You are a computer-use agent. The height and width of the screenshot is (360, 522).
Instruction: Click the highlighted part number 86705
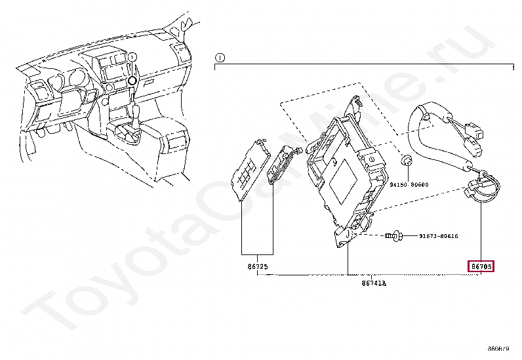[x=481, y=266]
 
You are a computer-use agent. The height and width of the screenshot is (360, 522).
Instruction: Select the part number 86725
[x=255, y=268]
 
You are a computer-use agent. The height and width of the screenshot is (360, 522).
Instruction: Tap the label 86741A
[x=373, y=283]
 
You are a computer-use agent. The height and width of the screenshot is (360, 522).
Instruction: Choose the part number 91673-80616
[x=438, y=235]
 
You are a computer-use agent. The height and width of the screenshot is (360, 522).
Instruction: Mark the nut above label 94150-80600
[x=407, y=160]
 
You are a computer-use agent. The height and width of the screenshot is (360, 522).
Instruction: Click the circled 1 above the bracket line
[x=220, y=57]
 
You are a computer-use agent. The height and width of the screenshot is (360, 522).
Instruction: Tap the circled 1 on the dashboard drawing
[x=131, y=58]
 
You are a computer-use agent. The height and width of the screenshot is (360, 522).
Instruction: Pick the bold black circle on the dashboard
[x=132, y=80]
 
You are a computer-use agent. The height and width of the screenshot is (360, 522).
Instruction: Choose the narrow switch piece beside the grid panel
[x=280, y=163]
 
